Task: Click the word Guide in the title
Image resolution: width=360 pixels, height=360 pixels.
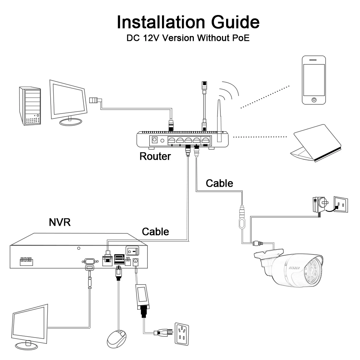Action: [235, 22]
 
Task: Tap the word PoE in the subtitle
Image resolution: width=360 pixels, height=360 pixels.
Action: [241, 38]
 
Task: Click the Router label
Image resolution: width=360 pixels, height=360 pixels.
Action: [155, 156]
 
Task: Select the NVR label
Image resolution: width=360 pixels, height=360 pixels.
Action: [60, 222]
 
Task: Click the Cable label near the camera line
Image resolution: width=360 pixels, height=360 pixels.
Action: [219, 183]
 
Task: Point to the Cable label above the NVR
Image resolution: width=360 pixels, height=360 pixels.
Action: [155, 232]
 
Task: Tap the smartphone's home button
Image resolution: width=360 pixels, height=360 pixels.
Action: [314, 100]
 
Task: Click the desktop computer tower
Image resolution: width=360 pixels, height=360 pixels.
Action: [30, 106]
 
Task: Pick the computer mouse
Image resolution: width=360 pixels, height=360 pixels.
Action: [117, 339]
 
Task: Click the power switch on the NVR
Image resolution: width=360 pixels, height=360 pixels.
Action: [132, 251]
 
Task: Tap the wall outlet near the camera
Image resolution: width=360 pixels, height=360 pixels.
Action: [341, 204]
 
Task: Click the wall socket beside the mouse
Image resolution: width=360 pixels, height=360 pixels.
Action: [181, 334]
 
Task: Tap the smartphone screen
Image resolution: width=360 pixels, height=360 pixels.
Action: [314, 80]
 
